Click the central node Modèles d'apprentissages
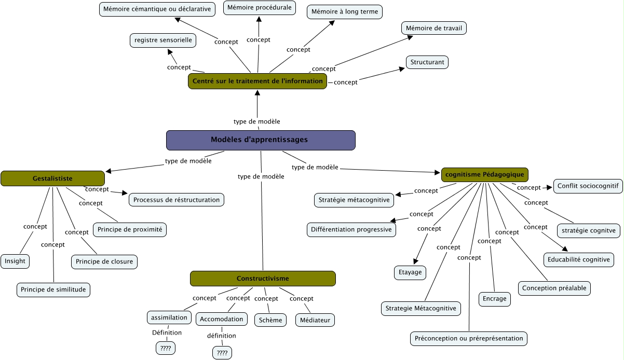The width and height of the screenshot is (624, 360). click(x=261, y=140)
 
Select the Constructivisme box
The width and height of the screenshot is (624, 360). click(x=263, y=279)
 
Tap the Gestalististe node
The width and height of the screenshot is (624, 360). click(x=52, y=178)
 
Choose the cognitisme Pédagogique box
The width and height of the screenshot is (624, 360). click(x=485, y=175)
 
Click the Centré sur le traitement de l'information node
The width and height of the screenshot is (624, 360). click(x=257, y=81)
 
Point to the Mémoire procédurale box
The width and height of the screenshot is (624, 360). click(x=260, y=8)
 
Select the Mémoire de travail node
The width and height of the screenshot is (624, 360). click(x=433, y=28)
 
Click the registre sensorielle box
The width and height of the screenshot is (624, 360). click(x=163, y=40)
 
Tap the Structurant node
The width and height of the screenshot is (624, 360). click(x=427, y=62)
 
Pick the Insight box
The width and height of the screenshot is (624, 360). click(x=15, y=261)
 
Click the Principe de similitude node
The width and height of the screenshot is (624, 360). click(x=53, y=290)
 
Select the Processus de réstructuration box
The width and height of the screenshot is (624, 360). click(x=177, y=200)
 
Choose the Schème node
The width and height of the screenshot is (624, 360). click(x=270, y=320)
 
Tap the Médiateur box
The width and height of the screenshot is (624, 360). click(x=315, y=320)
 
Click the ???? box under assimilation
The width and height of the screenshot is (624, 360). click(x=166, y=348)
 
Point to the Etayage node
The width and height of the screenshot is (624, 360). click(x=410, y=272)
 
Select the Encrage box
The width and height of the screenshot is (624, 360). click(x=494, y=299)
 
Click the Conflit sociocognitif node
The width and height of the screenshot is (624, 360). click(x=588, y=186)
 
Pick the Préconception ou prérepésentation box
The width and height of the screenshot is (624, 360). click(x=469, y=339)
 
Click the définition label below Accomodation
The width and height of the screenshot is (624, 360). click(x=222, y=336)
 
